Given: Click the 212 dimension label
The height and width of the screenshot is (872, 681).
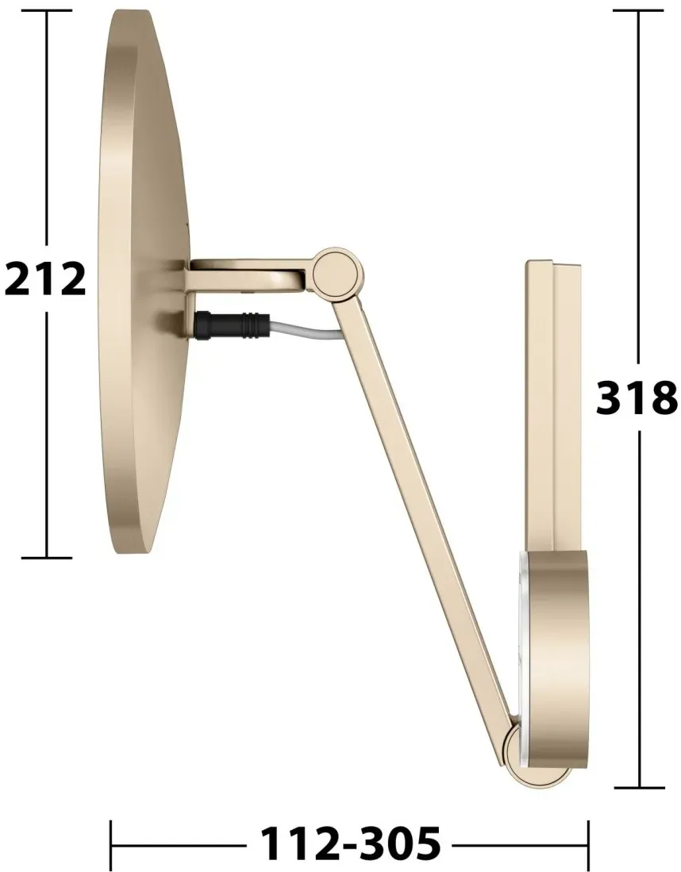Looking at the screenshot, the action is (45, 279).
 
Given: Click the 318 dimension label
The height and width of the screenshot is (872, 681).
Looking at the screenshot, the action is (637, 398).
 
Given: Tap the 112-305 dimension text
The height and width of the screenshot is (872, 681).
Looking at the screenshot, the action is (351, 843).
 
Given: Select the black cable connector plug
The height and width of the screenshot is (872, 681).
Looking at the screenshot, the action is (232, 325).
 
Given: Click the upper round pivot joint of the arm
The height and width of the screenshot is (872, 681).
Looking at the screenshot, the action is (334, 272).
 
